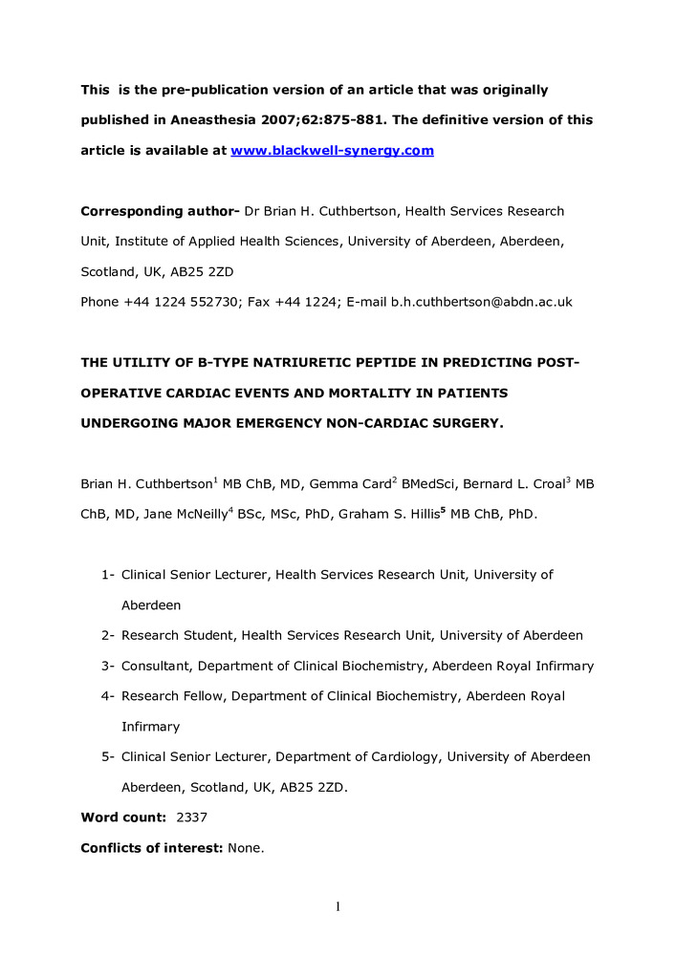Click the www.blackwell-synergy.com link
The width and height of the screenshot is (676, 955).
pyautogui.click(x=333, y=151)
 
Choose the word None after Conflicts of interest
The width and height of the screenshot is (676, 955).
pyautogui.click(x=247, y=850)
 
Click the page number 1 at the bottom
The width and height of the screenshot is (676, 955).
pyautogui.click(x=338, y=905)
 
